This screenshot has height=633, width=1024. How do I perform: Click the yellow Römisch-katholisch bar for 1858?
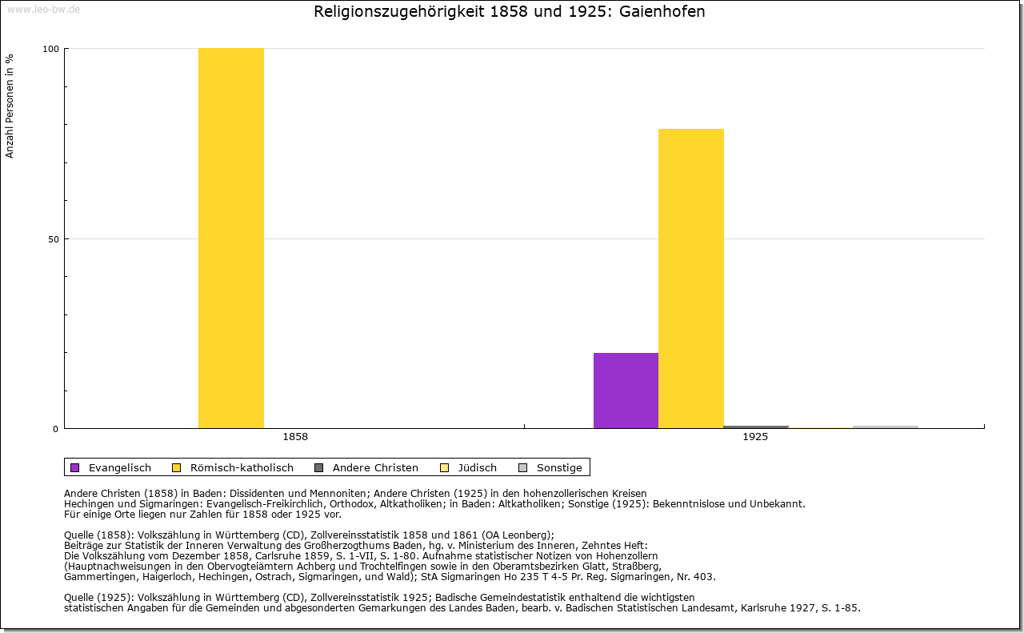point(230,238)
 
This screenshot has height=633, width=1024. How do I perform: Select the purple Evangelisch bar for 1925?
point(626,391)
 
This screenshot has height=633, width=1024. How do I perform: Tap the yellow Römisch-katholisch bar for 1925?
point(690,278)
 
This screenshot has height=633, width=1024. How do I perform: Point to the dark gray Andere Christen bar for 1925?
point(756,427)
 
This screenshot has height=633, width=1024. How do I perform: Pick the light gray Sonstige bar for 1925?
point(886,427)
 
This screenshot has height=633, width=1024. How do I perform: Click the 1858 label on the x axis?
point(295,437)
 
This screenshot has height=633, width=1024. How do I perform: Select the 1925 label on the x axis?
point(755,437)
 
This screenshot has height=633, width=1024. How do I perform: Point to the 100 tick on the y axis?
point(50,49)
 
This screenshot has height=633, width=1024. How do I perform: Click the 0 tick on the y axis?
point(55,429)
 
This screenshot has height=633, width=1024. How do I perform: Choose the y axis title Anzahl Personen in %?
point(10,106)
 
